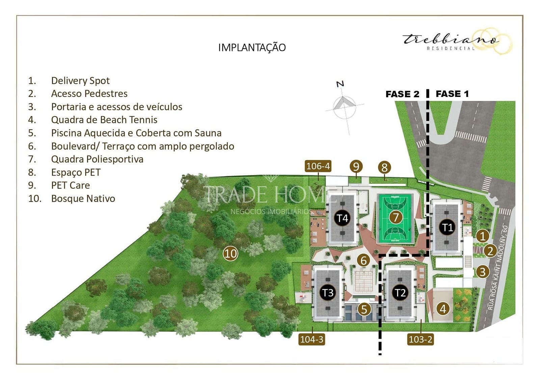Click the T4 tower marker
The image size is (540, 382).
[x=342, y=218]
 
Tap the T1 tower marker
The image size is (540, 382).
[x=447, y=227]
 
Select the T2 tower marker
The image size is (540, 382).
[x=400, y=292]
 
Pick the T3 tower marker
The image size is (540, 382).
[x=328, y=292]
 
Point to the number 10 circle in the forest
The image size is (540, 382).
[x=231, y=253]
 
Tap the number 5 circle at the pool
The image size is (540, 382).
[x=364, y=309]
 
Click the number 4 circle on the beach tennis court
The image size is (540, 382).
[x=443, y=308]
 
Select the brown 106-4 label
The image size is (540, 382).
[x=318, y=166]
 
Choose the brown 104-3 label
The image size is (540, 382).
[x=312, y=339]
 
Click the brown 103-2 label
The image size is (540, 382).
[x=420, y=339]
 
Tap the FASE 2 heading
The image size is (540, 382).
[x=402, y=94]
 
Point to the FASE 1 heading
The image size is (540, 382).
[x=452, y=94]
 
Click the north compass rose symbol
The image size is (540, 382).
[x=344, y=106]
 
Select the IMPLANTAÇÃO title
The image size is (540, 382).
[x=252, y=48]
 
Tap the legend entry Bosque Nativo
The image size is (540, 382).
[x=83, y=199]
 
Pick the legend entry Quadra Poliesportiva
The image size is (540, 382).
[x=97, y=159]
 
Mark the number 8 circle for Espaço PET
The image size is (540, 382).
[x=384, y=167]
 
